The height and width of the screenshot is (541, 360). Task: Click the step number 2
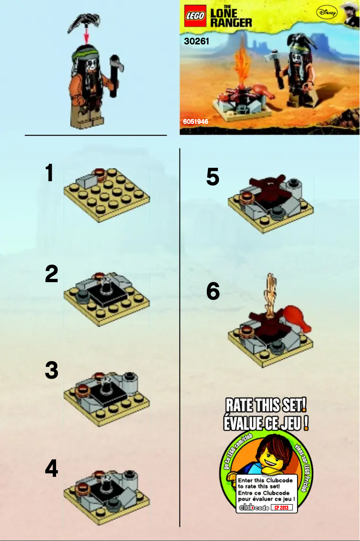(51, 274)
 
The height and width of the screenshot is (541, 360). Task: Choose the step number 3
(51, 371)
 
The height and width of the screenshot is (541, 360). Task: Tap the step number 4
(51, 469)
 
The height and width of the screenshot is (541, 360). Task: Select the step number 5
(213, 177)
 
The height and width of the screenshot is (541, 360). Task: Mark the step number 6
(213, 292)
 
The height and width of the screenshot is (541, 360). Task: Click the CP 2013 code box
(281, 507)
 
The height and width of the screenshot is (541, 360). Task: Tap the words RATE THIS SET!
(266, 407)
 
